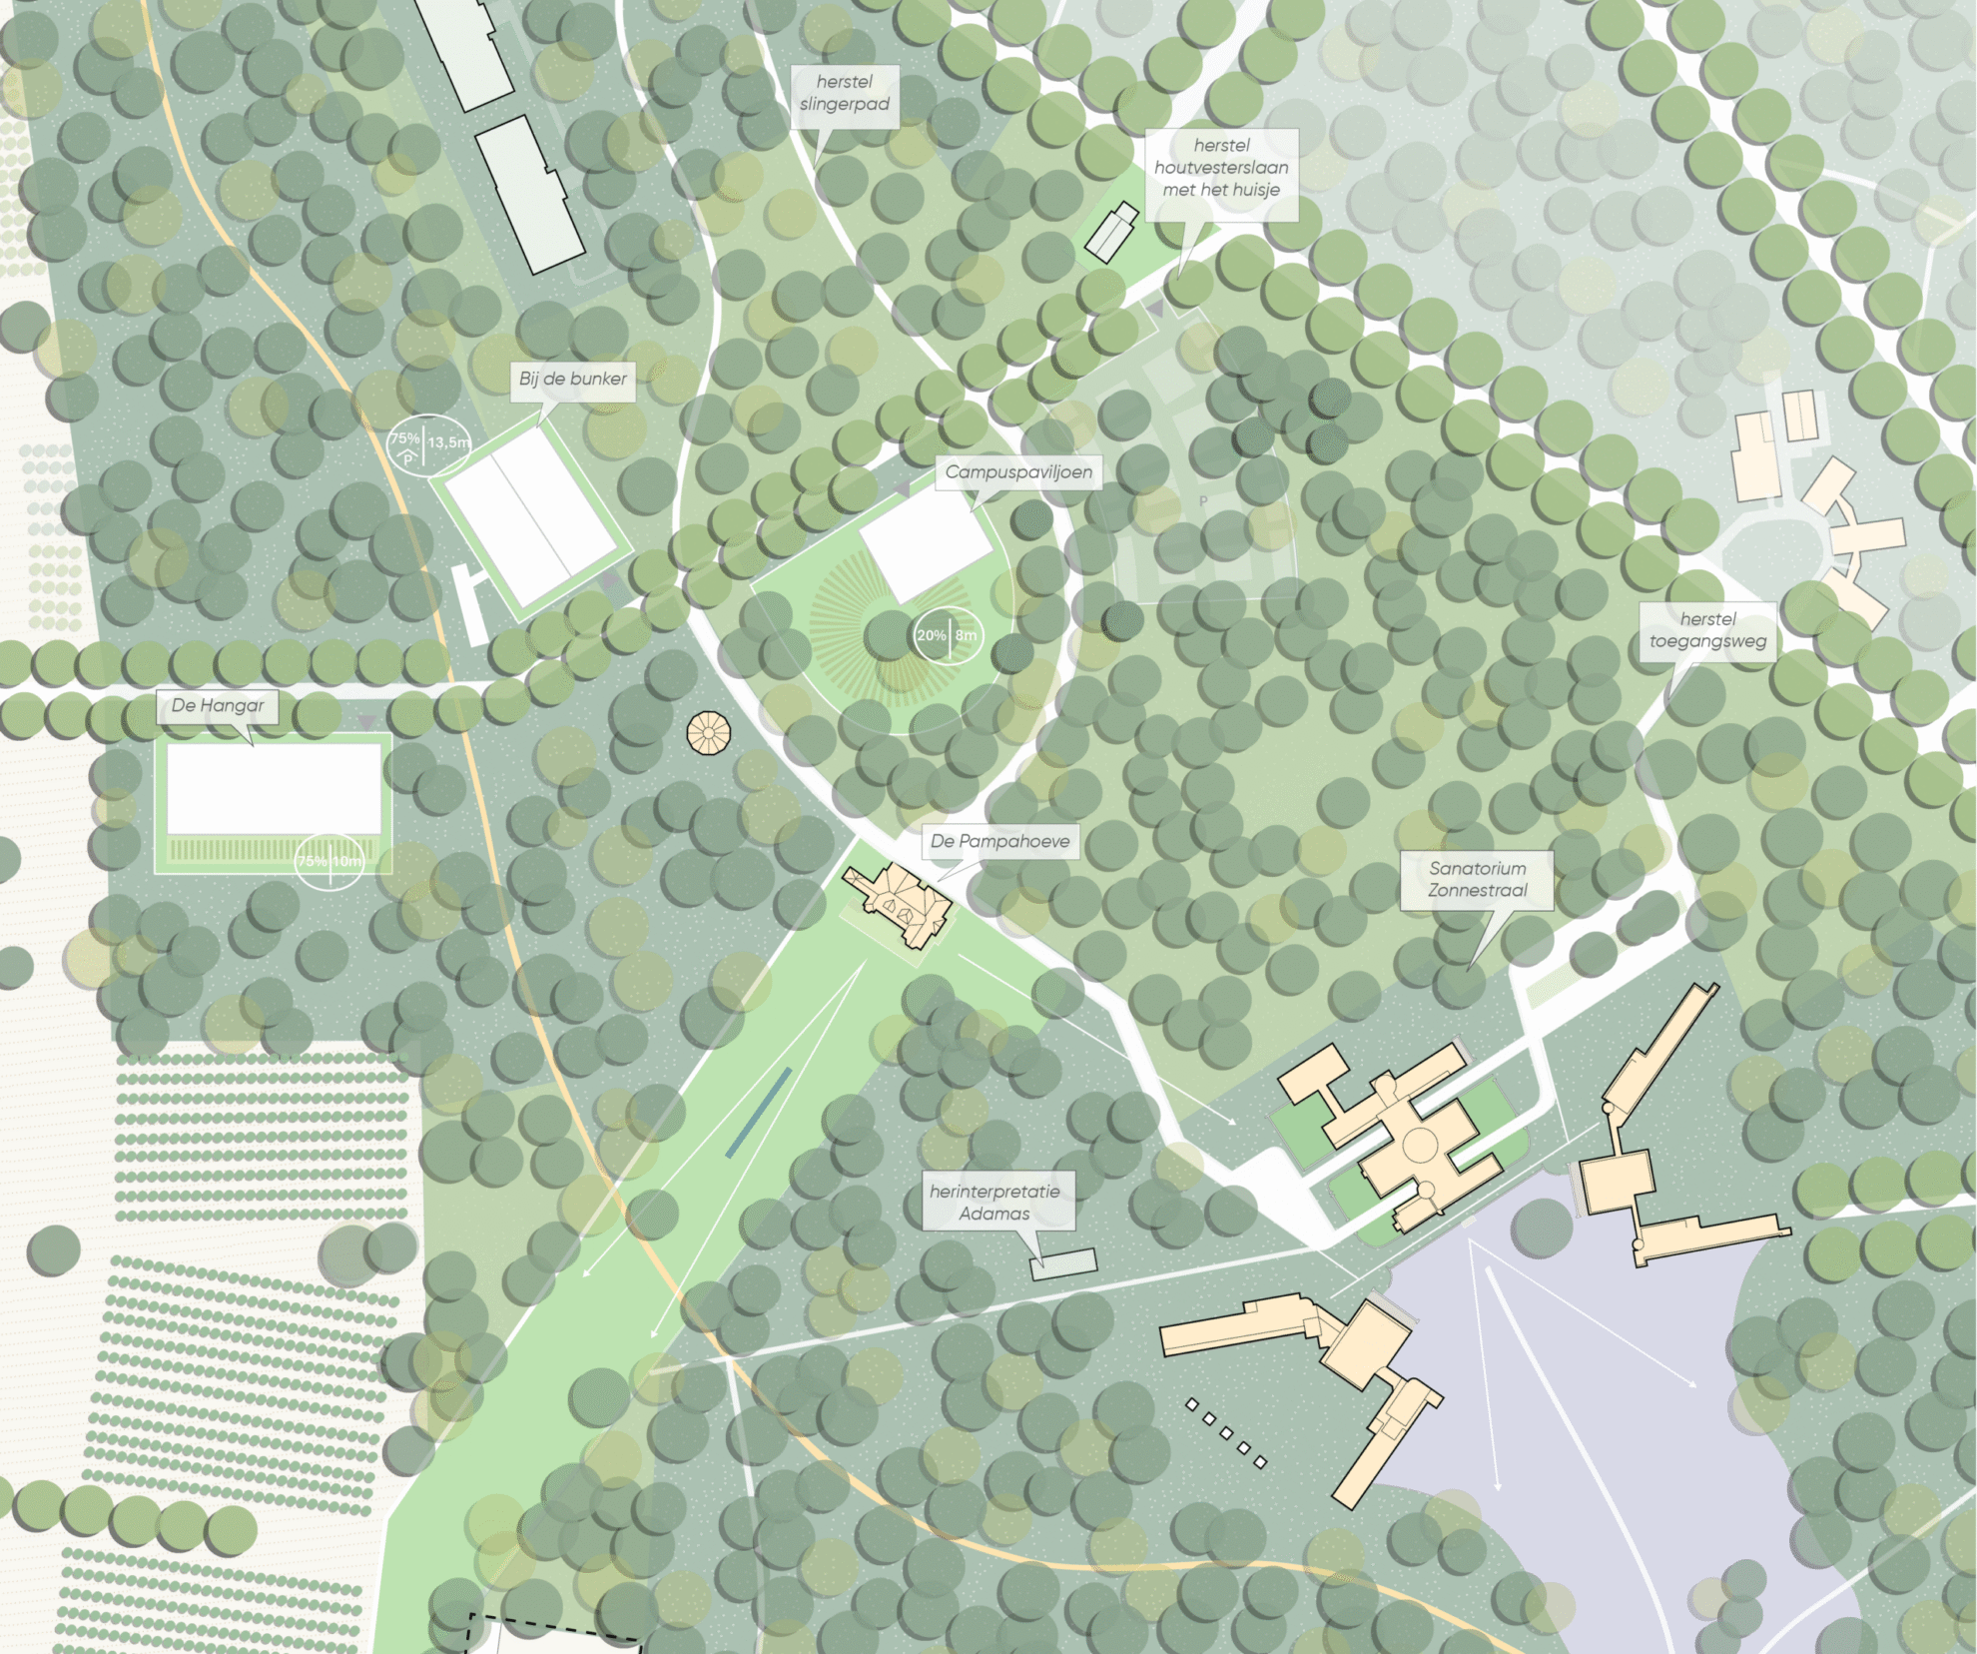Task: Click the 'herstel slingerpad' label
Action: point(844,93)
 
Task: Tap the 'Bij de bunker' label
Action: point(572,379)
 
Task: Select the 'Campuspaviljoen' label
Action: point(1017,471)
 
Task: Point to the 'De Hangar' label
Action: point(218,705)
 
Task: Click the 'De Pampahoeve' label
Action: point(999,841)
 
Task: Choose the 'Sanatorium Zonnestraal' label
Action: point(1477,880)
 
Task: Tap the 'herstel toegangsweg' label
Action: point(1707,630)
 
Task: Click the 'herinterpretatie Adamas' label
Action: point(994,1203)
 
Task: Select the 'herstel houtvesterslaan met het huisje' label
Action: point(1221,168)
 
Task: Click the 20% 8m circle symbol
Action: point(948,635)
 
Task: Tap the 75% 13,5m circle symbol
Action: point(426,442)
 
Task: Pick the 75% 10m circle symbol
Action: point(329,861)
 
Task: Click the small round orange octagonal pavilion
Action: point(709,733)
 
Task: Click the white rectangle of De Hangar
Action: point(274,788)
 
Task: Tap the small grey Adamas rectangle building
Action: point(1063,1263)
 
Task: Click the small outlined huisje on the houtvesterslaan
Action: point(1111,232)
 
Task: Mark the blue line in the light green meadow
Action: point(759,1113)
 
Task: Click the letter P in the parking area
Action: point(1203,501)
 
